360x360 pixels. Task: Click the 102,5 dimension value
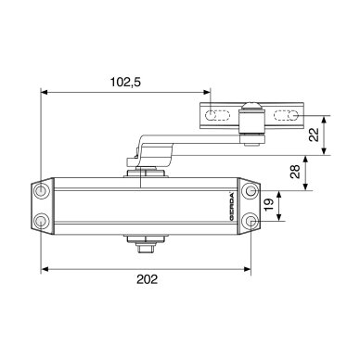pos(125,83)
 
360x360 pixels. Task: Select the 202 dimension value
pos(148,279)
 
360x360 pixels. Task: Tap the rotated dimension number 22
pos(314,135)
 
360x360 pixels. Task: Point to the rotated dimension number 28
pos(295,172)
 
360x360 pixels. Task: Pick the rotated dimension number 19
pos(269,205)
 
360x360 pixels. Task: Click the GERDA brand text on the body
pos(232,206)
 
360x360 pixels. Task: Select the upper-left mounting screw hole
pos(41,190)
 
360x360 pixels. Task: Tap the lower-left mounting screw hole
pos(41,221)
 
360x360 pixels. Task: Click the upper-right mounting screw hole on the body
pos(251,190)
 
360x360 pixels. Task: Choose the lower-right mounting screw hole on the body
pos(251,221)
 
